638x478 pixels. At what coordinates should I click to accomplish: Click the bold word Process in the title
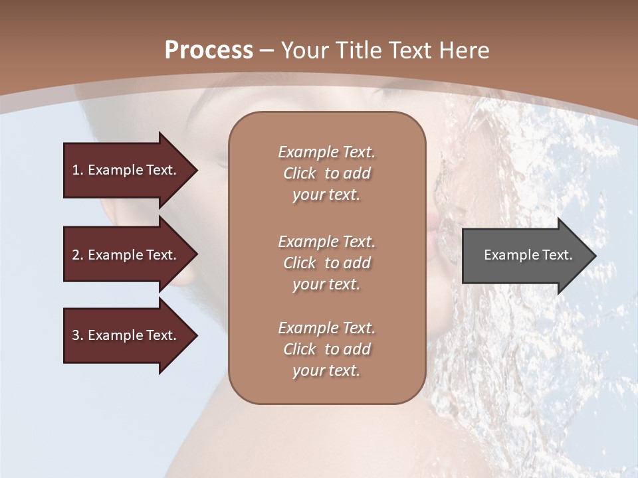(209, 50)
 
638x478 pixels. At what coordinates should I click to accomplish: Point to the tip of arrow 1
(196, 170)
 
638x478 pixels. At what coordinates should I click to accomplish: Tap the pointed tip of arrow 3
(196, 335)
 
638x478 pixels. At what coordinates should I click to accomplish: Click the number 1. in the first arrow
(77, 170)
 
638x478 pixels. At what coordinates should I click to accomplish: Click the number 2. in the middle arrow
(77, 255)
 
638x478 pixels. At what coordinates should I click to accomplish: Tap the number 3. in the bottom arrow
(77, 335)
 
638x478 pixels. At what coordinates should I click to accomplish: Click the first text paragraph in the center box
(326, 173)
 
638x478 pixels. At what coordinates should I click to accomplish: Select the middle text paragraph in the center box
(326, 263)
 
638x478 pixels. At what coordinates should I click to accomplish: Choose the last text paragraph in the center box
(326, 349)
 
